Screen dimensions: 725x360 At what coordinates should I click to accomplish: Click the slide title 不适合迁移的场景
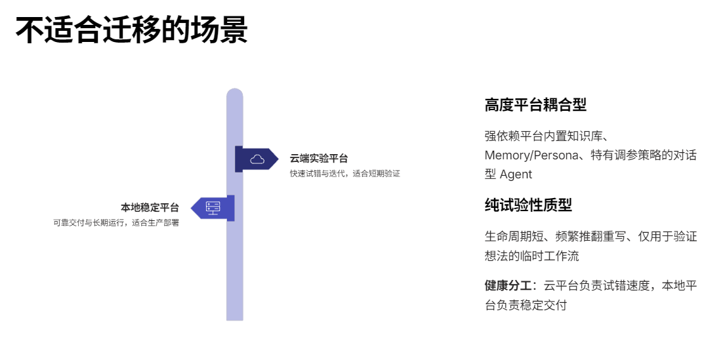click(131, 30)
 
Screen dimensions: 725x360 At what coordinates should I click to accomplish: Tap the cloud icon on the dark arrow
click(257, 159)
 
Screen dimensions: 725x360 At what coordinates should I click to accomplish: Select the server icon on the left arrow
click(213, 208)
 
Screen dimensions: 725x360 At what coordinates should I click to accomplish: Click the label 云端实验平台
click(319, 158)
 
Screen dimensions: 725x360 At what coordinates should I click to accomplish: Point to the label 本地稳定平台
click(150, 208)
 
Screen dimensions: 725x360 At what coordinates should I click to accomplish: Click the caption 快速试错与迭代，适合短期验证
click(345, 174)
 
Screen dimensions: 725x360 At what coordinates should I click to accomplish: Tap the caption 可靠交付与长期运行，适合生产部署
click(116, 223)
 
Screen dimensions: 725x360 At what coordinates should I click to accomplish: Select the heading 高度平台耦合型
click(535, 105)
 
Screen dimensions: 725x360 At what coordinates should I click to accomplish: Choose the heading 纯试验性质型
click(528, 205)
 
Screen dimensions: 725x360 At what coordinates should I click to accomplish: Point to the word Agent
click(516, 174)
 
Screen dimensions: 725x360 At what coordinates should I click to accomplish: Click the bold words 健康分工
click(508, 285)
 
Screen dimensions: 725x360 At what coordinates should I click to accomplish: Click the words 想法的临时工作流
click(531, 255)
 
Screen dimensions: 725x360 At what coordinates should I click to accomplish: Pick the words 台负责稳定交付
click(526, 305)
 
